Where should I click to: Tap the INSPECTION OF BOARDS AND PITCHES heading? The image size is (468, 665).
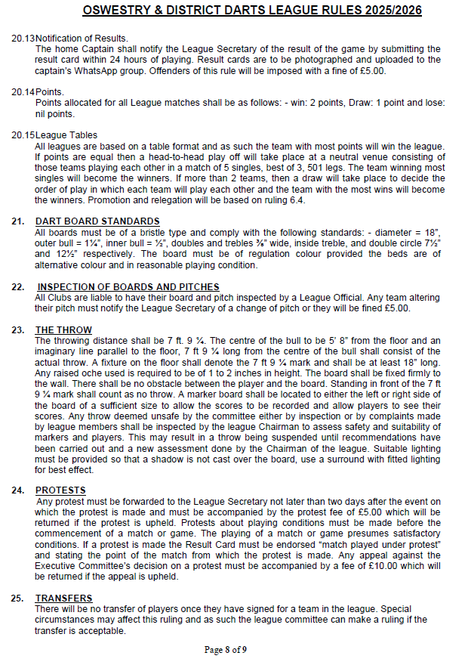pyautogui.click(x=128, y=287)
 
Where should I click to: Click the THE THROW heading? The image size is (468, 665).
pyautogui.click(x=63, y=330)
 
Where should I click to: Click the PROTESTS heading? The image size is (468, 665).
pyautogui.click(x=60, y=490)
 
